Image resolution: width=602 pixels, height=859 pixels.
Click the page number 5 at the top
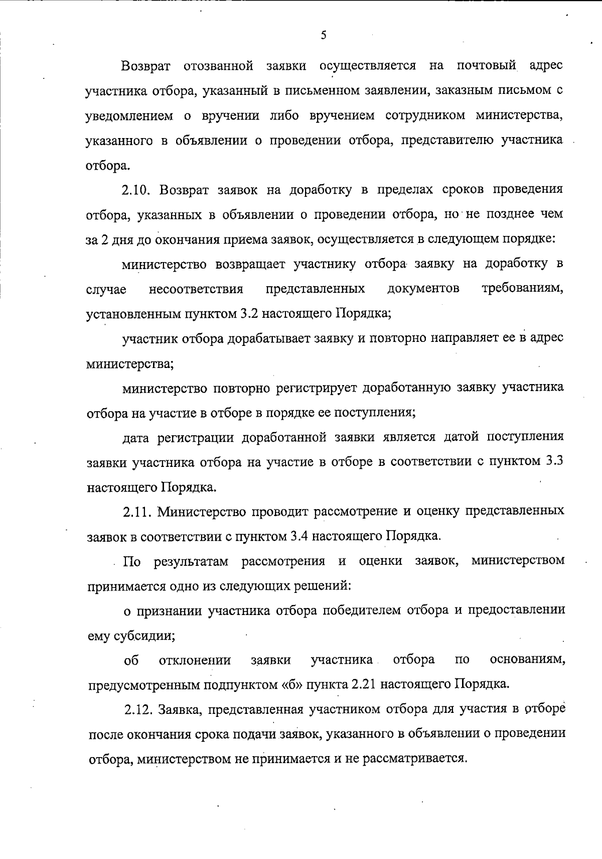324,35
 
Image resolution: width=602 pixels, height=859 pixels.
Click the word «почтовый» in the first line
486,66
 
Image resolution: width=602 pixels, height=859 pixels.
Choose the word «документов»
423,289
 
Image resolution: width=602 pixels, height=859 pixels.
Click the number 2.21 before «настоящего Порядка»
361,685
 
